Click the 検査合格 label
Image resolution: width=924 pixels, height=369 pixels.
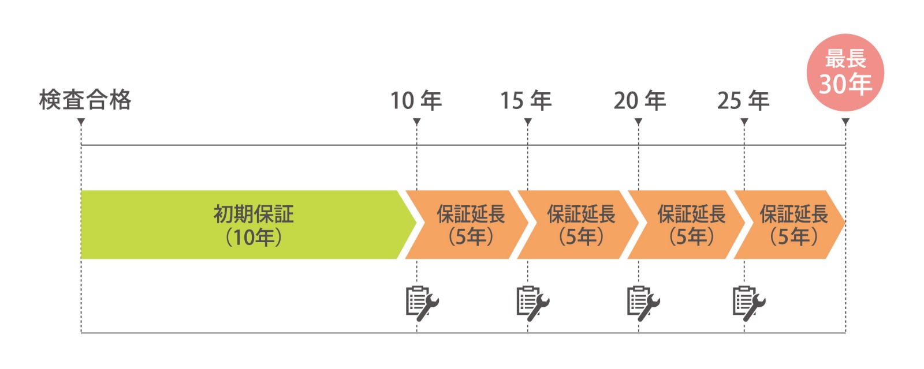point(85,100)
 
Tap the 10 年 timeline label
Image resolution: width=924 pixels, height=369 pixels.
point(416,101)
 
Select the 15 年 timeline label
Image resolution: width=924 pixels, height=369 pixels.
point(526,101)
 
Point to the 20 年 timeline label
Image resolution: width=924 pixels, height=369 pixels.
point(639,101)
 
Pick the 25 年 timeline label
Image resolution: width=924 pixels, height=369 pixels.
point(743,101)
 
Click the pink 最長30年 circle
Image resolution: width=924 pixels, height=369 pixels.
point(845,73)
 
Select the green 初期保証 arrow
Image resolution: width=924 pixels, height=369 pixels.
point(243,225)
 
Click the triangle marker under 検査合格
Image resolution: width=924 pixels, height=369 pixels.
point(81,122)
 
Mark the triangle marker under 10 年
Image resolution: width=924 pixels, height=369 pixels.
point(416,122)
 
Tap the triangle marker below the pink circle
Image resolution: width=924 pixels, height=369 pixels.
point(845,122)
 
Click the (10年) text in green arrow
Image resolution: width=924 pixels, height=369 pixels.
point(254,237)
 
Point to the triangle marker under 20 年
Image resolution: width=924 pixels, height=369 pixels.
point(638,122)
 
